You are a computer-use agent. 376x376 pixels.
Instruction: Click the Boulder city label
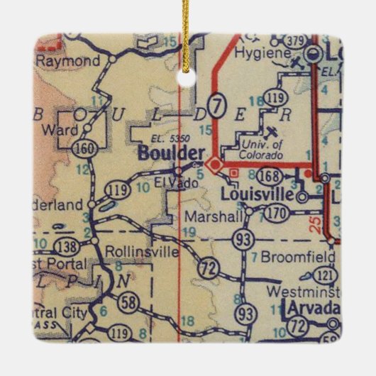[x=172, y=153]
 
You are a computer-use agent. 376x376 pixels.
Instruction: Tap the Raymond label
[x=68, y=61]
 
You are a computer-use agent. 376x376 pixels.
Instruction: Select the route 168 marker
[x=270, y=177]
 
